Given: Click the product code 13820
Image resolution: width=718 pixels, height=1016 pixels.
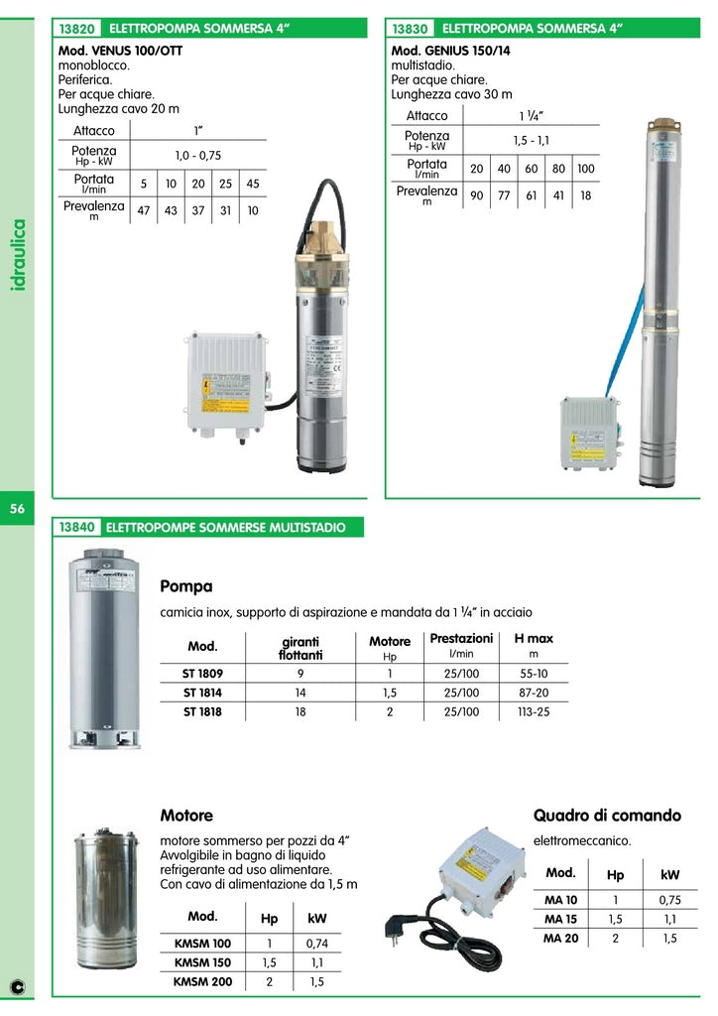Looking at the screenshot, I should click(x=76, y=30).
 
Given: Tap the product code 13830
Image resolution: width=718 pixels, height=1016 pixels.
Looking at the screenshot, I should click(x=411, y=30).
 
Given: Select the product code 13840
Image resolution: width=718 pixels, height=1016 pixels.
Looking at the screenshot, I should click(x=76, y=528).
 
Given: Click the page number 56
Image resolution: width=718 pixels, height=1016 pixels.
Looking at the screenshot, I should click(x=17, y=509).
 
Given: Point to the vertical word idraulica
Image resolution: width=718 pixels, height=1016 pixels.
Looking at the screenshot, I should click(x=19, y=256).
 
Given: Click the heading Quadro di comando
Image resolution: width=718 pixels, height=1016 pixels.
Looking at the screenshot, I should click(x=607, y=816).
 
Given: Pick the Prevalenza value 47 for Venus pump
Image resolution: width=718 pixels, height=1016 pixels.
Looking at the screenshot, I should click(x=144, y=210).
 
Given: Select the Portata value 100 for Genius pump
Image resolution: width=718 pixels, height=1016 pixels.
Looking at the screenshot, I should click(x=585, y=169).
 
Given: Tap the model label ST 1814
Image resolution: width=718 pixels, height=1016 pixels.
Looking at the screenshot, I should click(x=202, y=693).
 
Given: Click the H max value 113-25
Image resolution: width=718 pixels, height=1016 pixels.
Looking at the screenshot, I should click(x=534, y=712).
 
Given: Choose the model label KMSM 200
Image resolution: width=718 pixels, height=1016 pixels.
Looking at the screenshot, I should click(x=202, y=982).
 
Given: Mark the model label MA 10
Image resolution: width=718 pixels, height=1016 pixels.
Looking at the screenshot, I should click(x=561, y=900).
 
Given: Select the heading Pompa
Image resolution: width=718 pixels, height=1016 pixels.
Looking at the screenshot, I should click(x=185, y=586).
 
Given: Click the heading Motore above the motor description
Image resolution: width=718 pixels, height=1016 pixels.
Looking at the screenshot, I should click(x=186, y=816).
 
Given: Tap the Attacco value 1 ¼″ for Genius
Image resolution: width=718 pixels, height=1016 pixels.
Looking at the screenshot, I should click(x=532, y=116).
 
